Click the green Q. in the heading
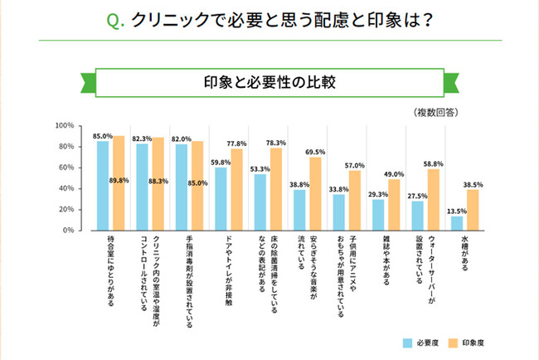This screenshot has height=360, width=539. click(x=116, y=19)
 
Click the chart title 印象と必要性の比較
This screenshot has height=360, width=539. click(x=269, y=83)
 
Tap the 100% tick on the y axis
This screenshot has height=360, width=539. click(x=65, y=126)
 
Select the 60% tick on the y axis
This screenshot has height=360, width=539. click(x=66, y=168)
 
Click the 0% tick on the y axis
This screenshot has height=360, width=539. click(x=70, y=230)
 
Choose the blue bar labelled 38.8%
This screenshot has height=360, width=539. click(x=299, y=209)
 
